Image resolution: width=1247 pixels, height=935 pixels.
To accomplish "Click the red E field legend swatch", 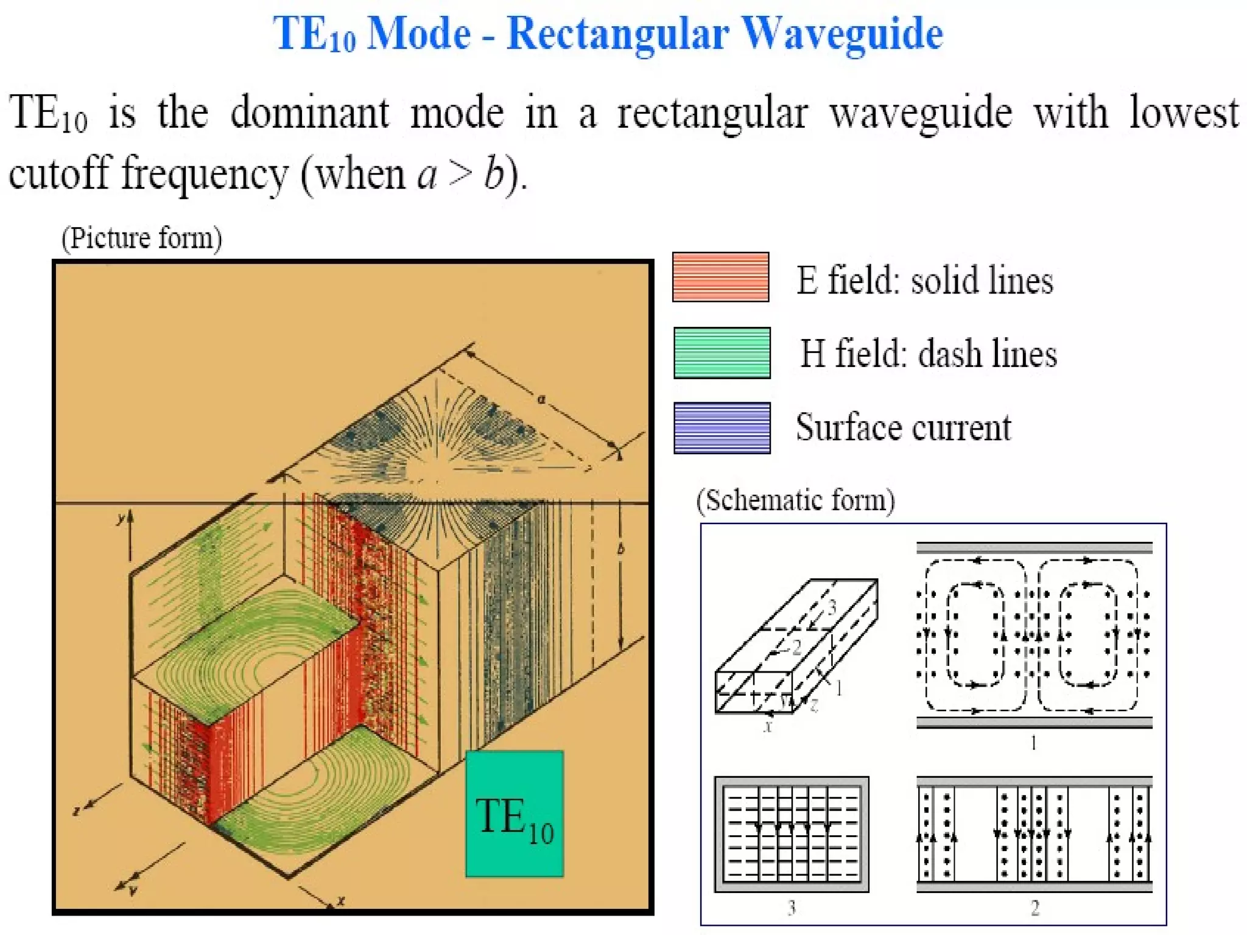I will pos(720,277).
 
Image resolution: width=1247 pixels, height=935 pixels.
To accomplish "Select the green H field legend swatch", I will pos(722,353).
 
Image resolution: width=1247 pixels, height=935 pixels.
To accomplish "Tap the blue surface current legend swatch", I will pos(722,428).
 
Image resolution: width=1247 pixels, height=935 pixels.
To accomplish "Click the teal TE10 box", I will pos(515,814).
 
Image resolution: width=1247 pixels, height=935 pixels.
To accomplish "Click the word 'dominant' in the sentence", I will pos(309,113).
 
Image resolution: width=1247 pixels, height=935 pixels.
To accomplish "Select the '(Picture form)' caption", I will pos(142,238).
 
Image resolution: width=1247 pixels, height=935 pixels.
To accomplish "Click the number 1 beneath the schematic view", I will pos(1033,743).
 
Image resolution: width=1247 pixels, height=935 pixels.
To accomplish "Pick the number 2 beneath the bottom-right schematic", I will pos(1034,908).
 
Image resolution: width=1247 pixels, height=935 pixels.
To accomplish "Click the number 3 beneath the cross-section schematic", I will pos(791,908).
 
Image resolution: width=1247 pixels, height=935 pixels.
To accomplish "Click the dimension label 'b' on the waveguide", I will pos(620,549).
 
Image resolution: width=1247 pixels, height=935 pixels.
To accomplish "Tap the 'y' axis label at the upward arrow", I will pos(121,519).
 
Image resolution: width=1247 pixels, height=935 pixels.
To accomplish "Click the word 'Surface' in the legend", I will pos(840,427).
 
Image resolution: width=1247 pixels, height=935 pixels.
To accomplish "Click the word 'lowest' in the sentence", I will pos(1184,113).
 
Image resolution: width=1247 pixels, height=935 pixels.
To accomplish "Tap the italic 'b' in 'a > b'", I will pos(494,174).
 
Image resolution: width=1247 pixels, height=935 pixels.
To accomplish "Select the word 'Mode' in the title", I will pos(419,33).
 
